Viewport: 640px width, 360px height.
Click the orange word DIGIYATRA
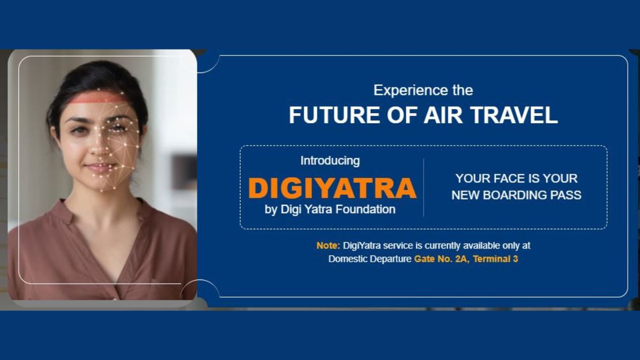(332, 188)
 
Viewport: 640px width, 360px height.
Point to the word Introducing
(330, 161)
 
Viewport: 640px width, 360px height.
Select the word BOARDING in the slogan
(516, 195)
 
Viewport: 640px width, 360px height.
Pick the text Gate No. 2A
(441, 260)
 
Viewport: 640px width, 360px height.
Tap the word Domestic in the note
(348, 260)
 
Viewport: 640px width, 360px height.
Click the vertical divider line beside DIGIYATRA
(423, 187)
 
